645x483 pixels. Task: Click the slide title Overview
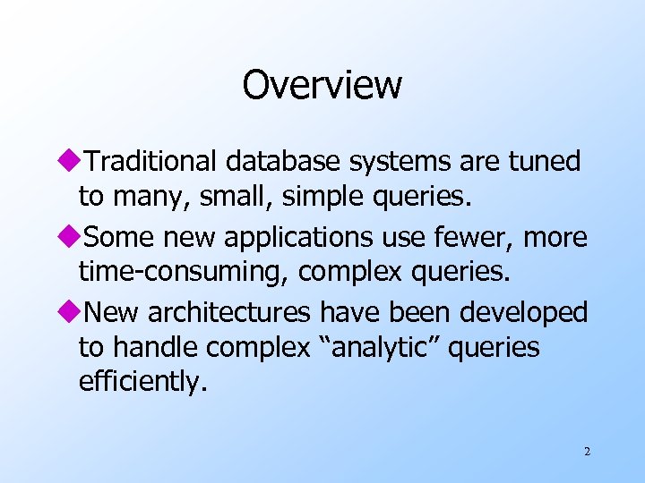322,86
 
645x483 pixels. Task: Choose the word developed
523,314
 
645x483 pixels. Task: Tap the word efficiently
142,382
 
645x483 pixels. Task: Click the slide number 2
587,452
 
